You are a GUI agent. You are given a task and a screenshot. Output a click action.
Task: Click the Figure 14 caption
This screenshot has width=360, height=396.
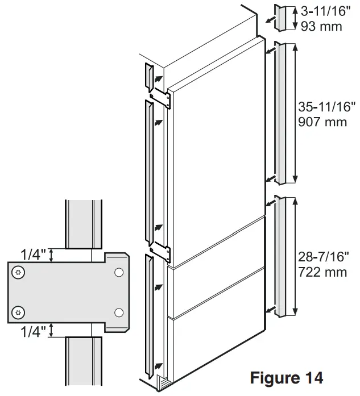(x=286, y=377)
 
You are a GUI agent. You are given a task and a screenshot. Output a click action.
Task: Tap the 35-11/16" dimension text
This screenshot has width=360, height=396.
(x=327, y=106)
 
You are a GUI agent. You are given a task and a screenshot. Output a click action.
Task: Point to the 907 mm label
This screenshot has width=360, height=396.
(x=322, y=122)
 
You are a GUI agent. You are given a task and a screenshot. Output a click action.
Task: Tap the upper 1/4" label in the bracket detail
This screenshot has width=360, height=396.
(x=33, y=253)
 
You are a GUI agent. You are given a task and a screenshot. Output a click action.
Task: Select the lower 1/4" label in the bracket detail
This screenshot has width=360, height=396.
(x=33, y=331)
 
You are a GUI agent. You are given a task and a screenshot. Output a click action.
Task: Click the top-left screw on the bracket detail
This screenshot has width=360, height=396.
(x=20, y=273)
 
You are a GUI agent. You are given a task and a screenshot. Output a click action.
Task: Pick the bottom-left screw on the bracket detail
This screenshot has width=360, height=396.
(x=20, y=311)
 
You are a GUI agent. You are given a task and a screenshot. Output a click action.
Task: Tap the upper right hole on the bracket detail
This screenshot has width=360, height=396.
(x=118, y=273)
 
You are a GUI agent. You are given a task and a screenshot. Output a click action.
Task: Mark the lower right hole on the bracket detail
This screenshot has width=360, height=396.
(x=118, y=311)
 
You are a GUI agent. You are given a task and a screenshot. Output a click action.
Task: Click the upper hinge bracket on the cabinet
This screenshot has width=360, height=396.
(x=162, y=97)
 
